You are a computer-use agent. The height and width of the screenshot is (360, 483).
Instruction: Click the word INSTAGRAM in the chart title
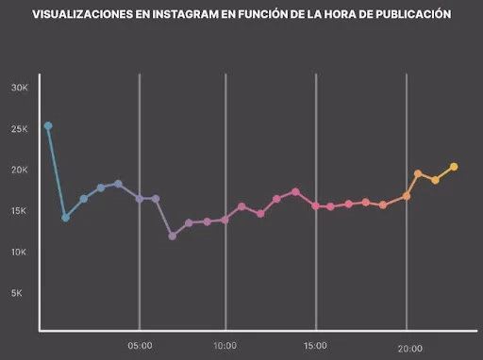pyautogui.click(x=158, y=15)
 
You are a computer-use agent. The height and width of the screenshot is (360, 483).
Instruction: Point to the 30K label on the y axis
pyautogui.click(x=20, y=88)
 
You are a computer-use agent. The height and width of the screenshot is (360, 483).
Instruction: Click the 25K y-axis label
pyautogui.click(x=20, y=129)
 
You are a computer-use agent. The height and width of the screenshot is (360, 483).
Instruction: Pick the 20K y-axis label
pyautogui.click(x=20, y=171)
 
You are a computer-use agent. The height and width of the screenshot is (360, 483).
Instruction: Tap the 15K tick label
pyautogui.click(x=20, y=211)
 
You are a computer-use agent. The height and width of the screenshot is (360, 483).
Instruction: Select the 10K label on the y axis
pyautogui.click(x=20, y=253)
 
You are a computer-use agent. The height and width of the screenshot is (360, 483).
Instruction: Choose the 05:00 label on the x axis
pyautogui.click(x=140, y=346)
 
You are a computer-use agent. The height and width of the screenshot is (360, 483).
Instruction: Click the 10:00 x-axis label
pyautogui.click(x=225, y=346)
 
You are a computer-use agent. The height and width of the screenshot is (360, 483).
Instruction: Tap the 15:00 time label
pyautogui.click(x=315, y=346)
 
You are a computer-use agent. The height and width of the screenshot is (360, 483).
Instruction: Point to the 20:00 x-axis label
pyautogui.click(x=409, y=348)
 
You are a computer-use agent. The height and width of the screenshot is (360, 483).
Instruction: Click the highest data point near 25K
pyautogui.click(x=48, y=125)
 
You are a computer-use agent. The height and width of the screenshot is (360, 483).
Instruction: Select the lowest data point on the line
pyautogui.click(x=173, y=236)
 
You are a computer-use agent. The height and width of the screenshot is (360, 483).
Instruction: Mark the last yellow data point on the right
pyautogui.click(x=454, y=167)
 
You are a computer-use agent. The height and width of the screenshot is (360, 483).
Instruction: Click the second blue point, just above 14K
pyautogui.click(x=65, y=218)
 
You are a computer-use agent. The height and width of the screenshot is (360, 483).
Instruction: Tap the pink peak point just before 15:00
pyautogui.click(x=295, y=191)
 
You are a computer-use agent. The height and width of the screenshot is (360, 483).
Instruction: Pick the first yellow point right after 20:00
pyautogui.click(x=418, y=173)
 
